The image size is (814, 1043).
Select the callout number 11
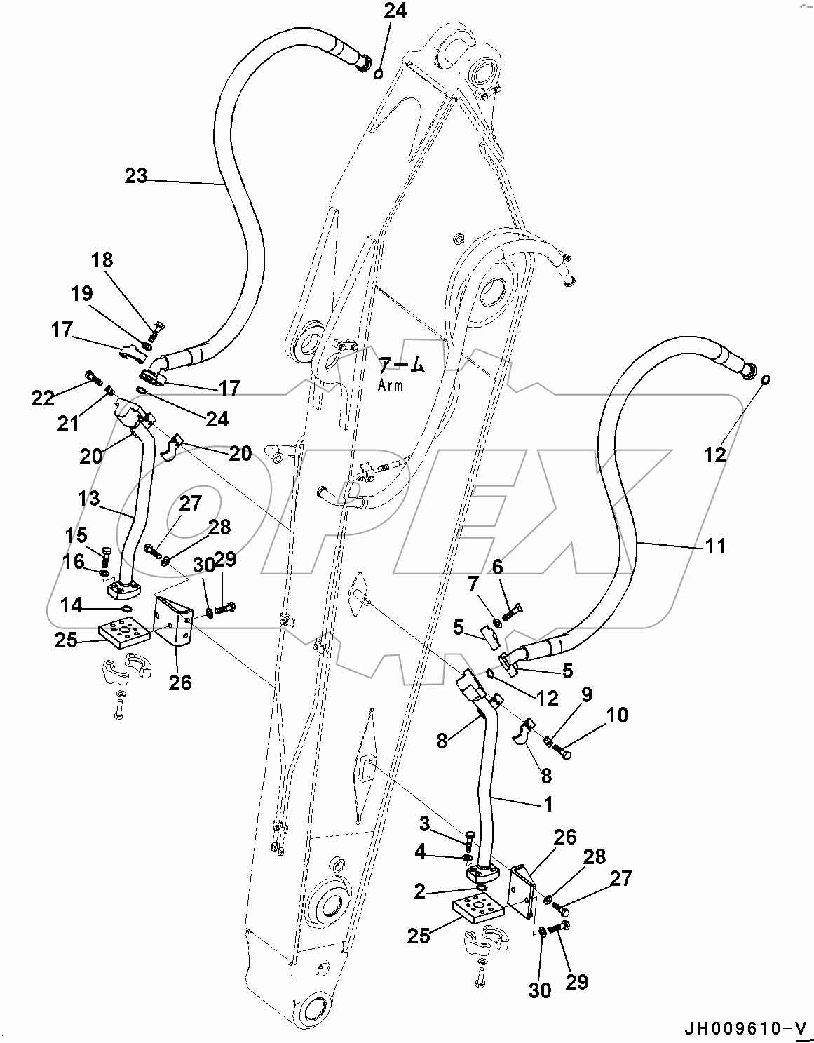[715, 545]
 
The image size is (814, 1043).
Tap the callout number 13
[89, 499]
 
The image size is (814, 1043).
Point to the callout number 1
[548, 803]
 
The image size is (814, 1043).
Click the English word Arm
[390, 384]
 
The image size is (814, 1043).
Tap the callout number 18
[102, 260]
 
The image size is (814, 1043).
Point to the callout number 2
[419, 891]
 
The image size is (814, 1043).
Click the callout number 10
[618, 715]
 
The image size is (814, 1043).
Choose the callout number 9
[586, 694]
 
